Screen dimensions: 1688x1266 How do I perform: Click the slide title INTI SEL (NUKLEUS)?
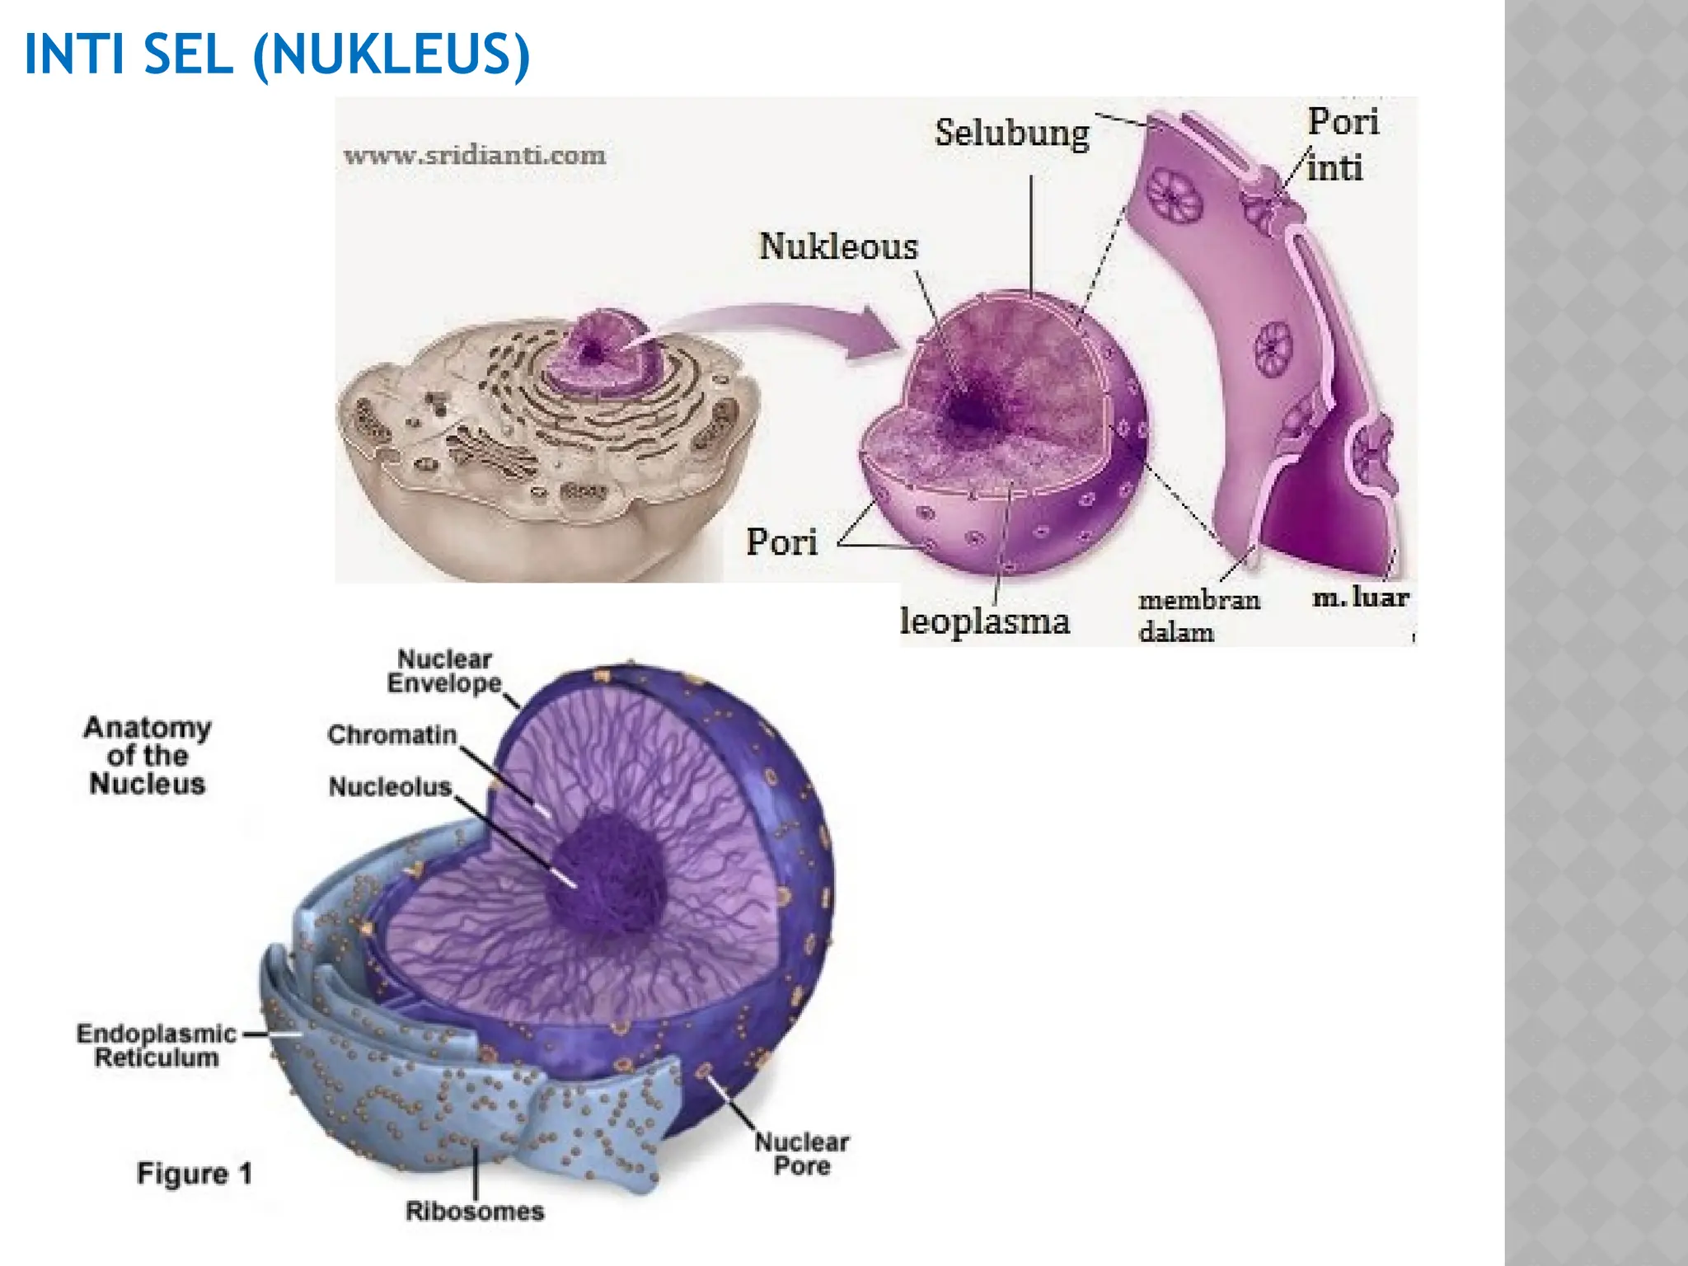(x=277, y=54)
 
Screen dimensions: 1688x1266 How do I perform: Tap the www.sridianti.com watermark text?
(x=475, y=154)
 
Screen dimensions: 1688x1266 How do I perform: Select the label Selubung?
(x=1012, y=134)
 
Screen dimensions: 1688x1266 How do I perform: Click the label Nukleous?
(x=838, y=246)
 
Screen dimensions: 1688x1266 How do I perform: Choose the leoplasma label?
(x=984, y=620)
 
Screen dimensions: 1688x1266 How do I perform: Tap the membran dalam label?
(x=1199, y=615)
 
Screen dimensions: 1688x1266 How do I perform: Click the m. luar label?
(x=1361, y=596)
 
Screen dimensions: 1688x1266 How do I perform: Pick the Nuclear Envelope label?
(x=444, y=671)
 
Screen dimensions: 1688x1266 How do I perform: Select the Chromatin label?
(x=392, y=734)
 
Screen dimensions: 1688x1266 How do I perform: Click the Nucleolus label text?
(x=391, y=786)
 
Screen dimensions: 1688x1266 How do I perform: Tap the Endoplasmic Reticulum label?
(x=157, y=1045)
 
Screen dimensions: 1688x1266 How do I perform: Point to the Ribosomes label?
(x=475, y=1211)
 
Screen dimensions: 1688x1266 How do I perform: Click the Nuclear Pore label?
(x=802, y=1153)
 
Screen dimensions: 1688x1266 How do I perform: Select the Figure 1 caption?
(x=195, y=1173)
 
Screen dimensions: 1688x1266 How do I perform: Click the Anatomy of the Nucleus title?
(x=148, y=755)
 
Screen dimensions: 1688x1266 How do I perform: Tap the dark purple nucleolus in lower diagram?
(x=606, y=874)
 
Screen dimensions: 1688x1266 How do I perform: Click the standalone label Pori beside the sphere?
(x=781, y=542)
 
